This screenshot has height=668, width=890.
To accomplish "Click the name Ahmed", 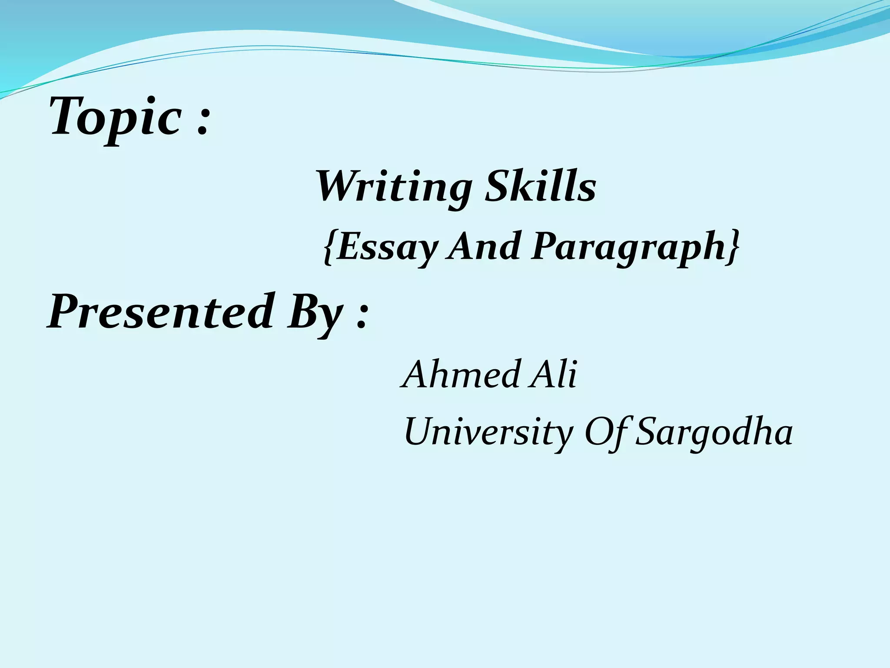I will [461, 374].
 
